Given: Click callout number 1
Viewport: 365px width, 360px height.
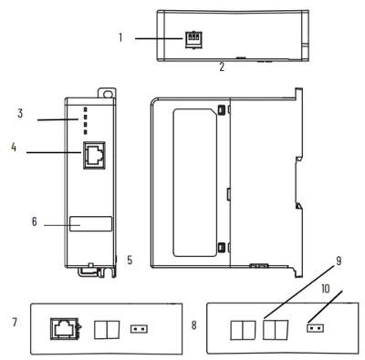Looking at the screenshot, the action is pos(120,37).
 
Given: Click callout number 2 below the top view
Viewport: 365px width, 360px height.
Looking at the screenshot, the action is pos(222,67).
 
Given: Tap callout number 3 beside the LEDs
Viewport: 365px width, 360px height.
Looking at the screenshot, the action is pos(20,113).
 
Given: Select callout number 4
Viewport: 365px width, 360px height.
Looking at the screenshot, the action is pos(14,148).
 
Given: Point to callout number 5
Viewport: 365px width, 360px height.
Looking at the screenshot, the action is pos(130,260).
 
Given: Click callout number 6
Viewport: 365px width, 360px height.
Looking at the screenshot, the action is pos(35,221).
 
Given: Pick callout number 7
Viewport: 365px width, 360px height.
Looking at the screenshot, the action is pos(15,322).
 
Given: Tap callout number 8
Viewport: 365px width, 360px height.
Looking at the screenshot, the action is pos(194,325).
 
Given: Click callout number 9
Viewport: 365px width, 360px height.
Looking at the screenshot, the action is pos(339,261).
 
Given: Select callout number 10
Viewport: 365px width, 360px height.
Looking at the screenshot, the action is pos(326,289).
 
